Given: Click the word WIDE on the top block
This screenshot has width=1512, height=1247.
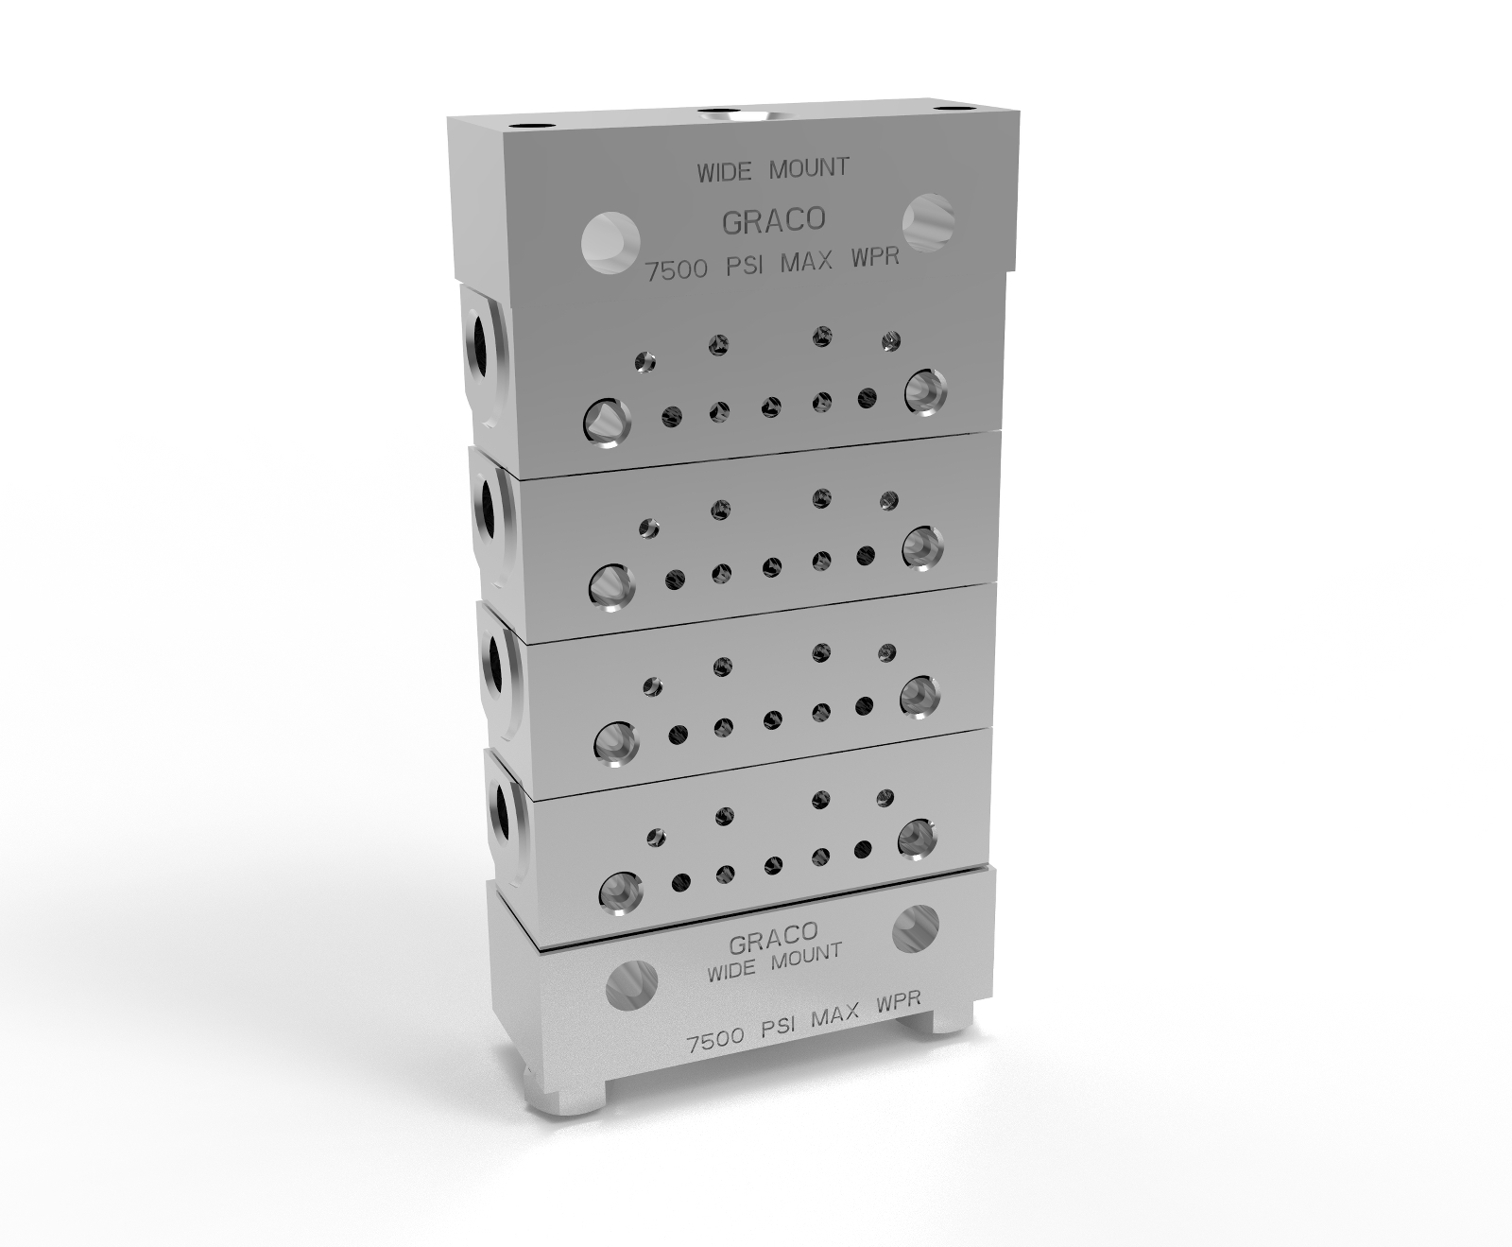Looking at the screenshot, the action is click(x=726, y=173).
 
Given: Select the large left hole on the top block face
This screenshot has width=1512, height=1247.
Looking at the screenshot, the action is click(x=610, y=243).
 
